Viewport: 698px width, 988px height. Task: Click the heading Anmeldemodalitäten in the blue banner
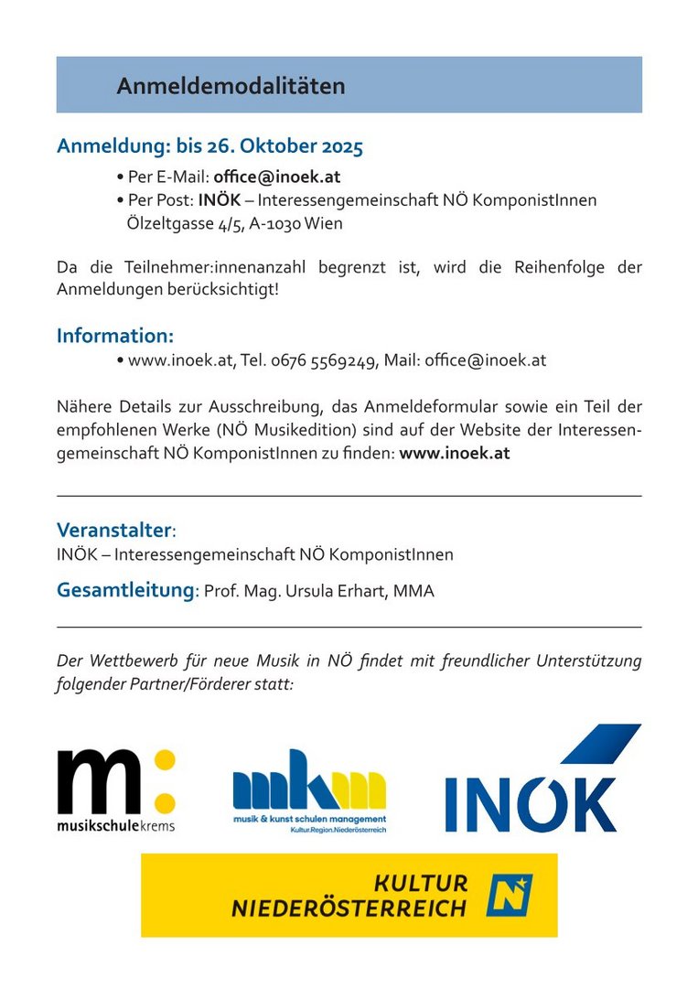point(231,86)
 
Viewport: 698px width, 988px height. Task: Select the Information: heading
point(115,336)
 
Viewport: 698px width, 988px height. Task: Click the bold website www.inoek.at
point(455,452)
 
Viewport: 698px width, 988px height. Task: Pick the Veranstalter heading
point(114,530)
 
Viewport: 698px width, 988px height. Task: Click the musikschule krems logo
point(115,789)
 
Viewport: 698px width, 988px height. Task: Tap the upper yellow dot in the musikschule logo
point(164,760)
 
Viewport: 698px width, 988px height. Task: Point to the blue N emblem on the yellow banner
point(509,895)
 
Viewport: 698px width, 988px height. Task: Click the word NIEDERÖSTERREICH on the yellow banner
point(349,907)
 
